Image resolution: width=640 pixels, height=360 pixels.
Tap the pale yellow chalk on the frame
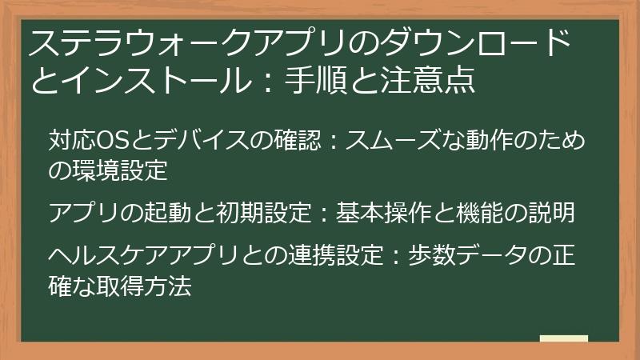pos(565,338)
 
